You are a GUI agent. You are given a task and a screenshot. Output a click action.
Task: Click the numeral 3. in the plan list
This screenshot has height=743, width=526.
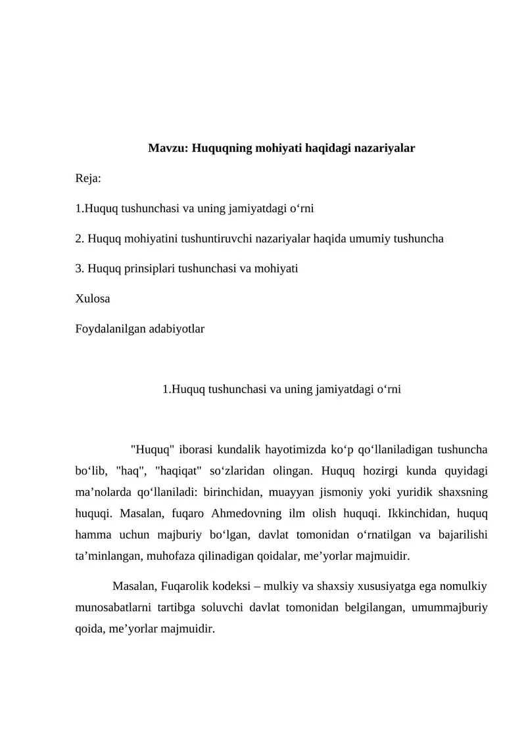point(80,269)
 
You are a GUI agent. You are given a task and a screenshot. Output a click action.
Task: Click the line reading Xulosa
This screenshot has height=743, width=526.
point(93,298)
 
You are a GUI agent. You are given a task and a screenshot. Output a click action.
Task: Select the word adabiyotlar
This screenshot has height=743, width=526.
point(178,328)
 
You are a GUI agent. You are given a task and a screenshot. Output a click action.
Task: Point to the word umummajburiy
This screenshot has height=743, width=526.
point(449,607)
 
